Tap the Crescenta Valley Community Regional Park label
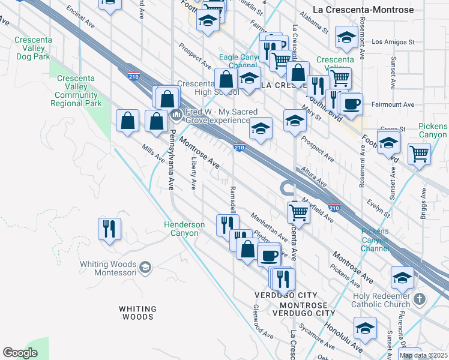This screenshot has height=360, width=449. click(77, 91)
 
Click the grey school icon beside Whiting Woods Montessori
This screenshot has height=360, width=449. click(145, 266)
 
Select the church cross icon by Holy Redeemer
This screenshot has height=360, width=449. click(420, 298)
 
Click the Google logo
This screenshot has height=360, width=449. click(20, 353)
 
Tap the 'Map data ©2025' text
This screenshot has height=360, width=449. click(424, 355)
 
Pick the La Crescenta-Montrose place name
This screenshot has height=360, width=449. click(364, 10)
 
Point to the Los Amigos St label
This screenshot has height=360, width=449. click(393, 42)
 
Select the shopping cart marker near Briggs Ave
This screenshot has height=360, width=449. click(419, 153)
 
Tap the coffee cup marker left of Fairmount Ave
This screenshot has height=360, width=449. click(351, 103)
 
